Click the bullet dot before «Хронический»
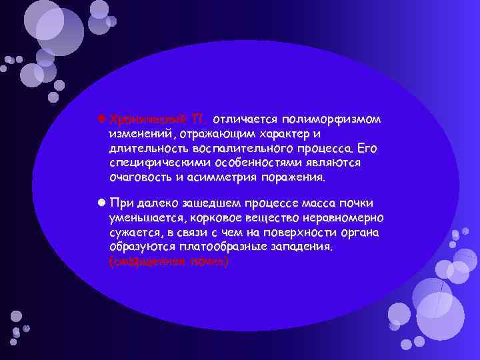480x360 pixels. pos(101,119)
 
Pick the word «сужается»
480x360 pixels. pos(135,232)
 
